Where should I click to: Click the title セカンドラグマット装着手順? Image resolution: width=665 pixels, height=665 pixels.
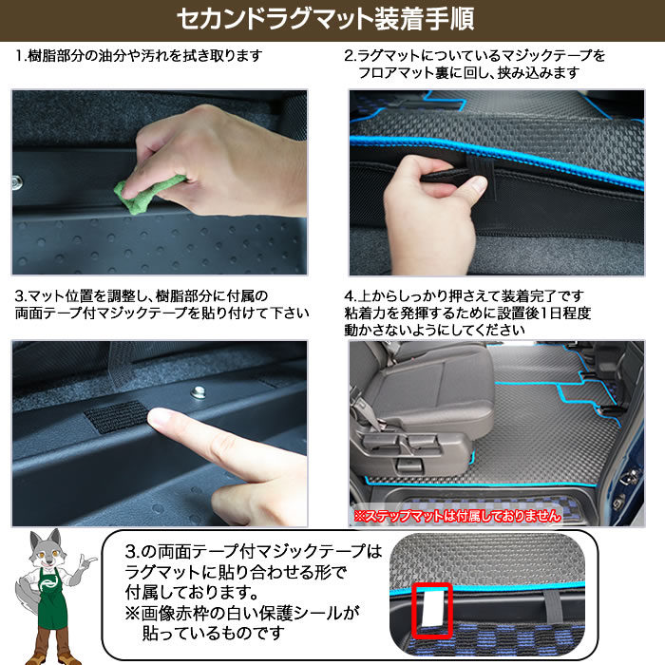pos(325,20)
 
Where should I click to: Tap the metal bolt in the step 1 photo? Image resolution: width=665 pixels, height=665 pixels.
pos(17,182)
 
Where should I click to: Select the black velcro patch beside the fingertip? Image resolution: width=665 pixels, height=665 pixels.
pos(116,416)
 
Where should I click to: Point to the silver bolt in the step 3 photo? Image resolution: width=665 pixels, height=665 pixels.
pos(198,391)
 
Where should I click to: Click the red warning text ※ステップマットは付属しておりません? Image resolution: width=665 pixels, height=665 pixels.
pos(457,516)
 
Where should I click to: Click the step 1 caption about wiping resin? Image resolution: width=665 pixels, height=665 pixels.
pos(139,55)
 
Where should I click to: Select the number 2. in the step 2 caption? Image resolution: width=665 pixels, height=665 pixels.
pos(350,55)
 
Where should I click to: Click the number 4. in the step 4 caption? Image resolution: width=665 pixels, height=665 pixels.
pos(350,295)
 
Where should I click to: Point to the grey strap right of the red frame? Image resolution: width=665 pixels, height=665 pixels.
pos(554,606)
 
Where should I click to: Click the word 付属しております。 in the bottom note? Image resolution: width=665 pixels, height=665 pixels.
pos(192,592)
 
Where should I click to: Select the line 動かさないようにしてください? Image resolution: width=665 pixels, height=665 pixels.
pos(434,330)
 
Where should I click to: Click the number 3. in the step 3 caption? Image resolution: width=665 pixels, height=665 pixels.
pos(21,296)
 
